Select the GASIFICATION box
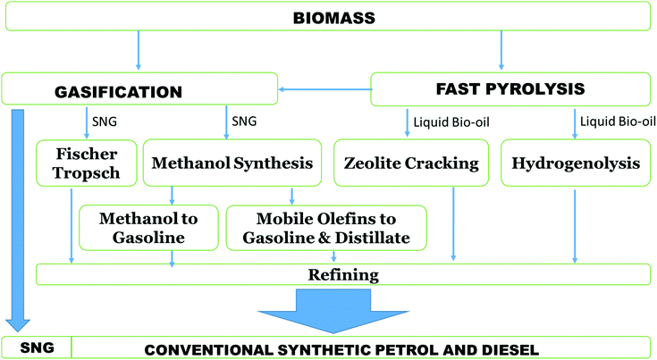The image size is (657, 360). pyautogui.click(x=139, y=89)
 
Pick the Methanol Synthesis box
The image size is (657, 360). pyautogui.click(x=232, y=163)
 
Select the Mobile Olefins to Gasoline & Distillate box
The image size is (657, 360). pyautogui.click(x=326, y=227)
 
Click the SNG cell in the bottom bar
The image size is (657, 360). pyautogui.click(x=36, y=347)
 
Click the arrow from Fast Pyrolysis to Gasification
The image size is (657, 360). pyautogui.click(x=324, y=88)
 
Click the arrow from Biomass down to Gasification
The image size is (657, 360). pyautogui.click(x=138, y=49)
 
